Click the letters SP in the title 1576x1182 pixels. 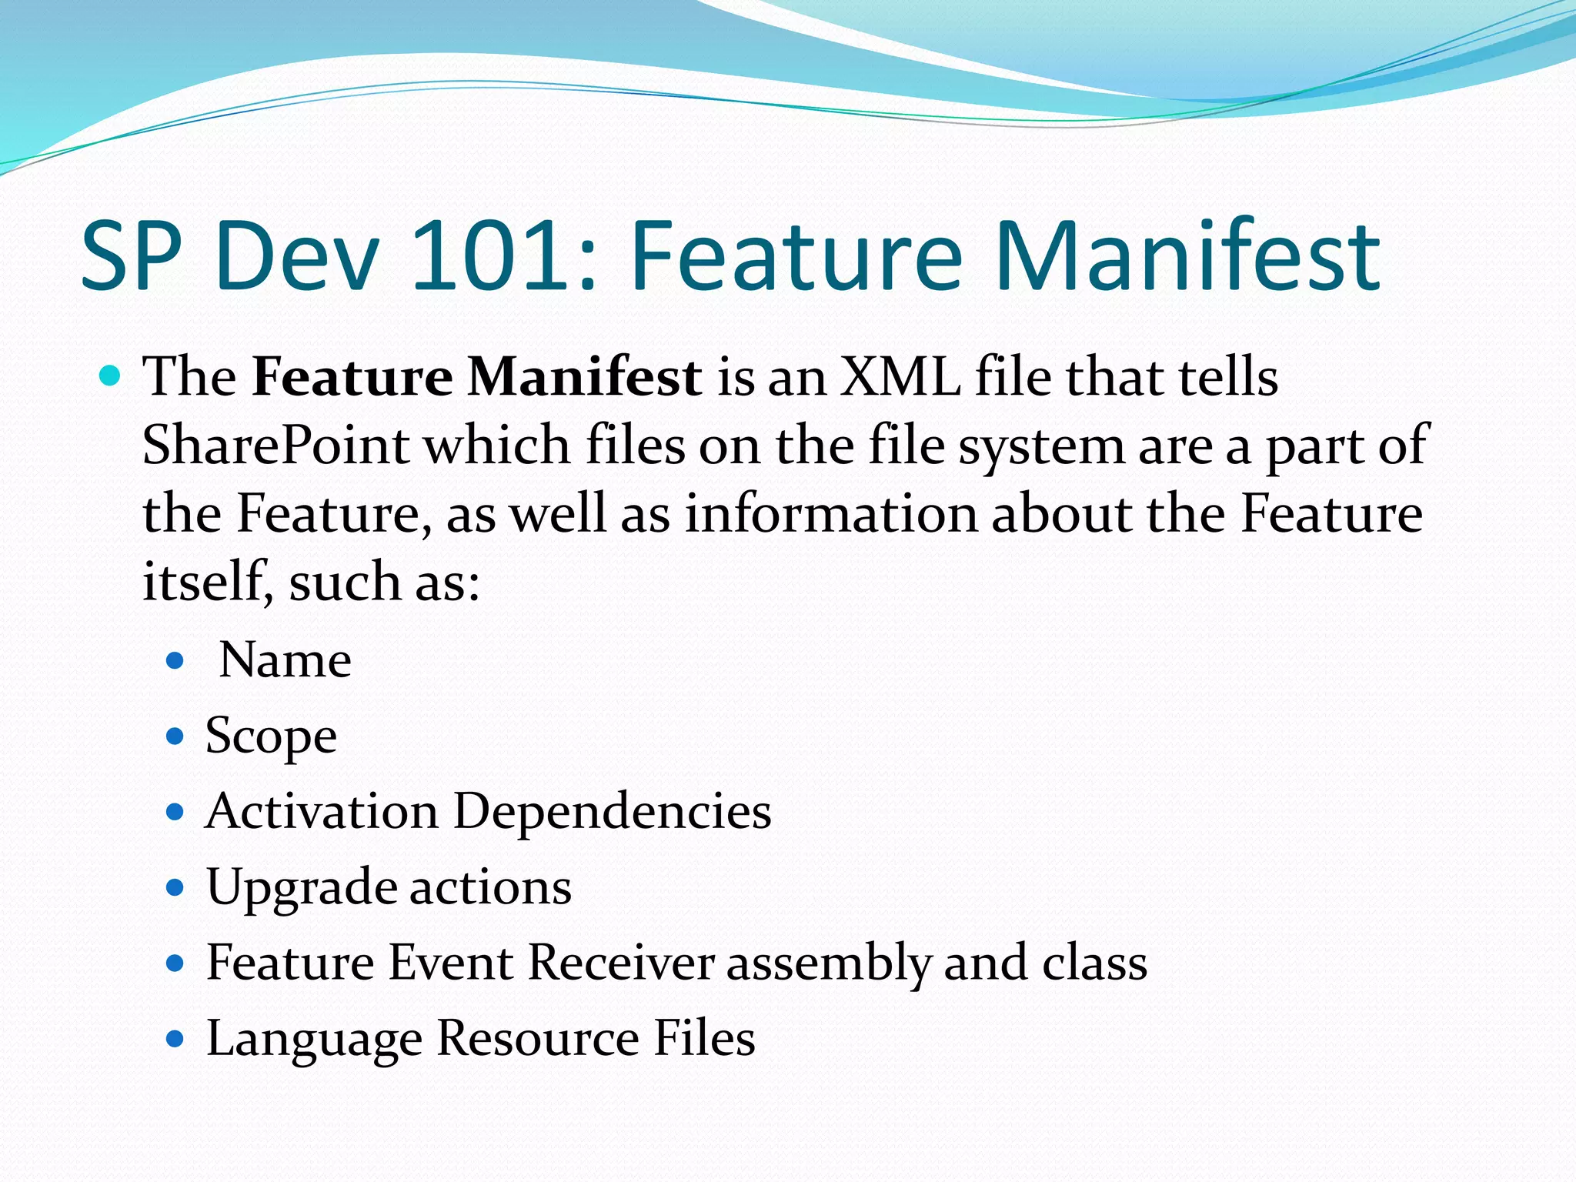click(x=132, y=255)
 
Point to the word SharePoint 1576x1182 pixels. click(x=275, y=446)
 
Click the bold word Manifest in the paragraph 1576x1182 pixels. click(x=585, y=377)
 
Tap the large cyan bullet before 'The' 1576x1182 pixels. click(x=111, y=376)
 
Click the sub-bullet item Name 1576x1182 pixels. click(x=285, y=660)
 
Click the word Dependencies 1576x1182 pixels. click(x=612, y=811)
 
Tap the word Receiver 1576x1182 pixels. click(x=621, y=963)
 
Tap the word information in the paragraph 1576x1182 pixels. click(x=831, y=513)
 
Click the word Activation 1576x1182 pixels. click(x=322, y=811)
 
